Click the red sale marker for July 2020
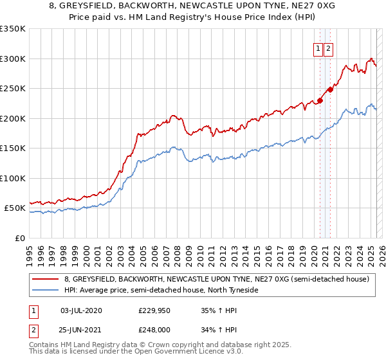[320, 101]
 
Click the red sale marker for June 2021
[331, 89]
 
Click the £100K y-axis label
[13, 178]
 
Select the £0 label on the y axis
[20, 238]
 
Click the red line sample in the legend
[46, 279]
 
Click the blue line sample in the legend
[46, 290]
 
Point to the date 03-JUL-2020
[81, 310]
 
